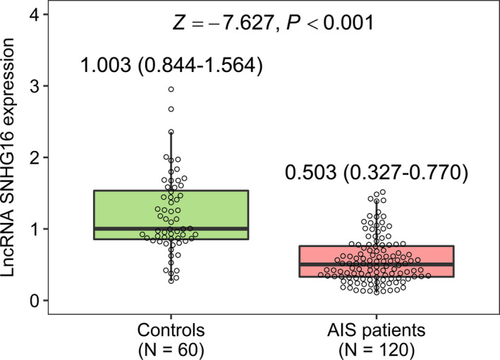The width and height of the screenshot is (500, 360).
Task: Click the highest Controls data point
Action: tap(171, 90)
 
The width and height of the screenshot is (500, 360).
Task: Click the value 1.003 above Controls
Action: tap(106, 66)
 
